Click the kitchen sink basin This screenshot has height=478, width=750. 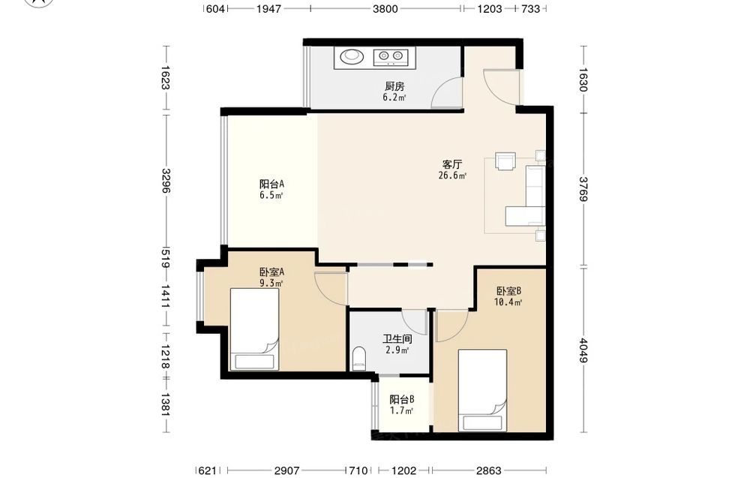(352, 57)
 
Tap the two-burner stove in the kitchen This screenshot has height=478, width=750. (391, 57)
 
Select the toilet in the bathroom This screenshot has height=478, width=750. (358, 359)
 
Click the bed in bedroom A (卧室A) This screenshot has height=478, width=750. (254, 329)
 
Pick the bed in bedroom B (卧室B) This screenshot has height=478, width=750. (482, 390)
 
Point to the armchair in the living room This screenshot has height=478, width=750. (505, 161)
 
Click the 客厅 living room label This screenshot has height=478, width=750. (452, 164)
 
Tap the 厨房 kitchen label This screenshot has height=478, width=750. (394, 86)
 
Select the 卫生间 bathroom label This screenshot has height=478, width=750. (397, 339)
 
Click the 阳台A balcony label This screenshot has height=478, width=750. (271, 184)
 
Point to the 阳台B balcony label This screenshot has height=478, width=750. (401, 399)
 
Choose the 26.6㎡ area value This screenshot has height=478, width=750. (452, 176)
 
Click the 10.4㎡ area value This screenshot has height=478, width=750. (508, 302)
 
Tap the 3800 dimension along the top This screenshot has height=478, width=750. (385, 8)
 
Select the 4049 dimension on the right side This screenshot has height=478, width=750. (583, 350)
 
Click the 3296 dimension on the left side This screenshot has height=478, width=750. (166, 180)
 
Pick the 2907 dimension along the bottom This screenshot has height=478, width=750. (287, 470)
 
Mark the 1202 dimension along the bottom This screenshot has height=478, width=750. (403, 470)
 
